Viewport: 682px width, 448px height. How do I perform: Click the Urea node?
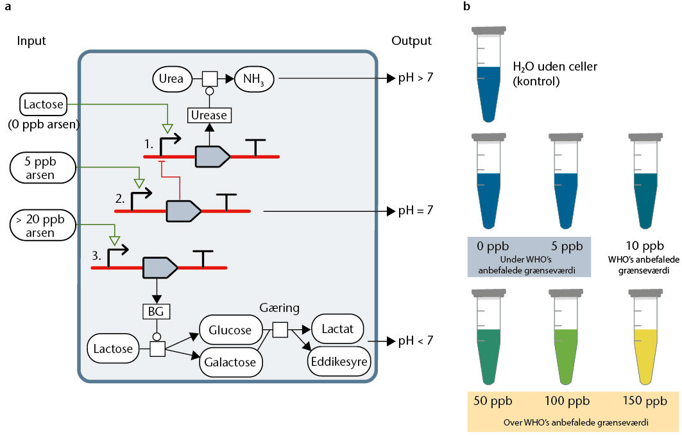[x=173, y=79]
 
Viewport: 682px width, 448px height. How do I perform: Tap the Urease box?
[x=209, y=116]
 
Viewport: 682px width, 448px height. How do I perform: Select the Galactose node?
[x=230, y=362]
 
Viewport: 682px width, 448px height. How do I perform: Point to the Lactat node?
[x=337, y=329]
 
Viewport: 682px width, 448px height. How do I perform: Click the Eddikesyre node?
[x=340, y=362]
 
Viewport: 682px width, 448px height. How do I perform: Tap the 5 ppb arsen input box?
[x=42, y=168]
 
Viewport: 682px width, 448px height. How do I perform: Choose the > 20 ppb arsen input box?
[x=42, y=226]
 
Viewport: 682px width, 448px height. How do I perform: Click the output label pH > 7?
[x=415, y=78]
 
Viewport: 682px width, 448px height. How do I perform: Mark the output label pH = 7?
[x=415, y=211]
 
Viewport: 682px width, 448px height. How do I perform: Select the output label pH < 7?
[x=415, y=341]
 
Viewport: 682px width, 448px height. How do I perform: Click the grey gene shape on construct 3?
[x=160, y=266]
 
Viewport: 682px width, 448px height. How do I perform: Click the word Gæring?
[x=279, y=308]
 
